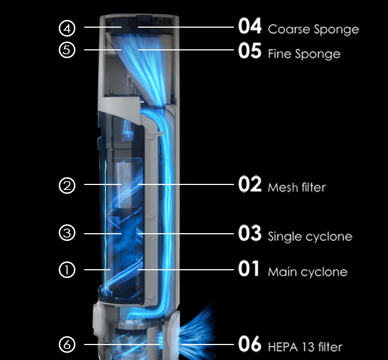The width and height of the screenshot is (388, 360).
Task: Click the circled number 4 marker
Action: [x=67, y=27]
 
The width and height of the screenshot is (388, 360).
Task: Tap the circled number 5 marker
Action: [x=67, y=50]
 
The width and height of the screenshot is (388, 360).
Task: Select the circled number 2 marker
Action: [x=67, y=186]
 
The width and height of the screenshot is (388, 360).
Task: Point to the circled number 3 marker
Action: [x=67, y=233]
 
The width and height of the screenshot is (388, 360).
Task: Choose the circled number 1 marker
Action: [x=67, y=270]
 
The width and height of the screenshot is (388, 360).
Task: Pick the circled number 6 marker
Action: [x=67, y=344]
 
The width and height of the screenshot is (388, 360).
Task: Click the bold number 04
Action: [x=249, y=26]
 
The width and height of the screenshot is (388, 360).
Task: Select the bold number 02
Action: [x=249, y=184]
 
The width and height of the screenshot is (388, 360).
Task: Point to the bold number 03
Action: [x=249, y=234]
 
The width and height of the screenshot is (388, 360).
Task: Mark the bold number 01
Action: [x=249, y=270]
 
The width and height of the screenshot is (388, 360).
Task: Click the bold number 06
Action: [x=249, y=344]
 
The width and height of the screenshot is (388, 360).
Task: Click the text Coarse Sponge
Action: [x=313, y=29]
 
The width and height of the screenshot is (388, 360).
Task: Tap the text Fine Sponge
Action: [x=304, y=54]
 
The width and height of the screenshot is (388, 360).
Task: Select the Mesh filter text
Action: [x=297, y=187]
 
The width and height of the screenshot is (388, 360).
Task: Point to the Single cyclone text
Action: [x=310, y=237]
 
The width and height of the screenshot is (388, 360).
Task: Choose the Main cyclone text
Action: [x=308, y=272]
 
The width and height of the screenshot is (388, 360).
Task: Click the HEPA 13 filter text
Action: [x=305, y=347]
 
